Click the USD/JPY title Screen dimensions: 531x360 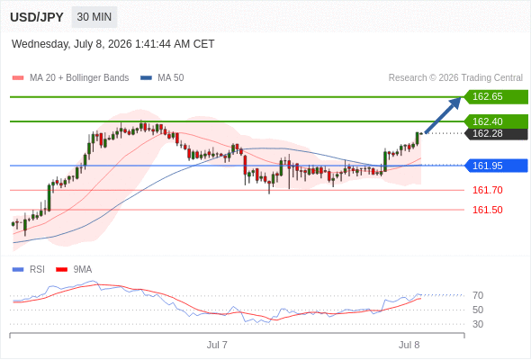pos(37,17)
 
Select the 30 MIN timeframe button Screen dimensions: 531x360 pos(94,17)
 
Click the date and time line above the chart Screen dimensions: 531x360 pos(112,44)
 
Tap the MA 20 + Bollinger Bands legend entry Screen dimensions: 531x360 pos(70,78)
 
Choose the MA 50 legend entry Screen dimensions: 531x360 pos(162,78)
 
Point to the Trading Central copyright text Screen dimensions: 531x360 pos(455,78)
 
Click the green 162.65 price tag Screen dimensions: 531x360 pos(496,97)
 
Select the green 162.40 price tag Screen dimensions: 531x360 pos(496,121)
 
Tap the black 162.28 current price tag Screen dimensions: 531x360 pos(496,133)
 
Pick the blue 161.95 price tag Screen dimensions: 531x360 pos(496,166)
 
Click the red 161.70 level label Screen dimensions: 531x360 pos(487,190)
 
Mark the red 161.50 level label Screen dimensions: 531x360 pos(487,210)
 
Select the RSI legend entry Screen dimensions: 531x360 pos(29,270)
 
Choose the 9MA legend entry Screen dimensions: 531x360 pos(74,270)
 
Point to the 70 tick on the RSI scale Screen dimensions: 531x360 pos(478,295)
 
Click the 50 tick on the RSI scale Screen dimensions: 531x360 pos(478,310)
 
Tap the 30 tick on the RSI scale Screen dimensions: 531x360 pos(478,324)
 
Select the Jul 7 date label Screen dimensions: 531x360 pos(217,345)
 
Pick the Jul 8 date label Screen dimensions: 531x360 pos(409,345)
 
